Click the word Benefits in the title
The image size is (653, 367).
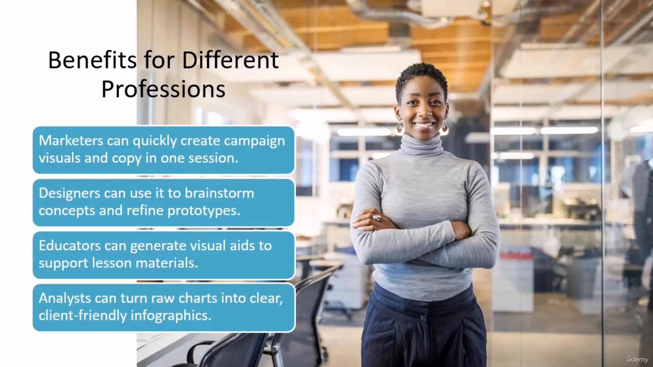coord(92,60)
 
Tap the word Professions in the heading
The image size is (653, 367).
coord(163,89)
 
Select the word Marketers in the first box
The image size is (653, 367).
coord(71,140)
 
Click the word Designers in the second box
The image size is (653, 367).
coord(69,193)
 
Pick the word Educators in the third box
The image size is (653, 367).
coord(69,245)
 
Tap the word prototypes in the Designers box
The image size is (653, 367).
coord(204,211)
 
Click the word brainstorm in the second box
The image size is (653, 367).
coord(219,193)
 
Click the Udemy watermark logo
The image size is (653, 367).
coord(637,359)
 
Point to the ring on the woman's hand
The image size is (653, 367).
coord(376,217)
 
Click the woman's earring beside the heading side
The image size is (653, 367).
coord(400,127)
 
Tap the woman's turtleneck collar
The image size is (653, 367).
coord(422,144)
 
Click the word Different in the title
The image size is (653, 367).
coord(230,60)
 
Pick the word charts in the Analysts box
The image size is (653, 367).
coord(198,298)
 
